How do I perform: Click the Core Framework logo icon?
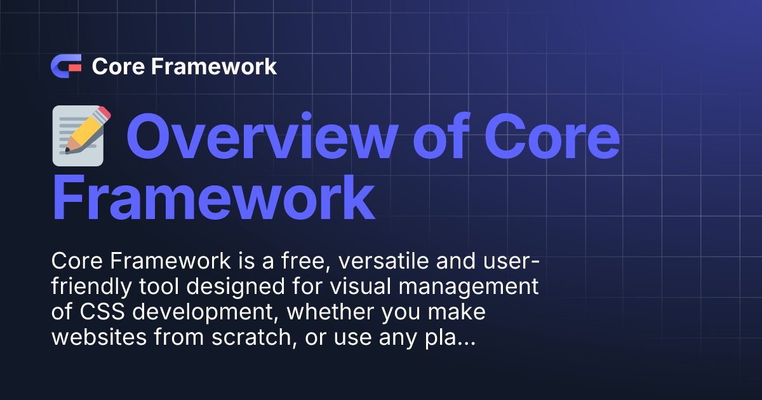(66, 67)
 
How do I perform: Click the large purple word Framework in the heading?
(213, 199)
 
